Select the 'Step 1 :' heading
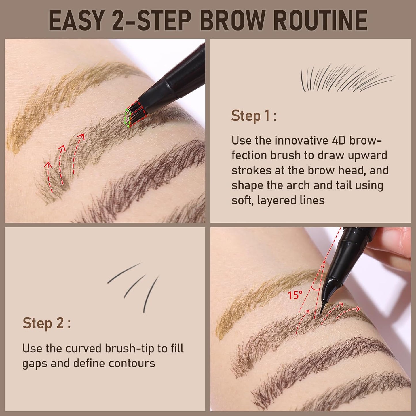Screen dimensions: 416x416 coord(254,116)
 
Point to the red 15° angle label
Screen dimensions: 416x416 coord(295,295)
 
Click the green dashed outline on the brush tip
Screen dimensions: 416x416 coord(127,118)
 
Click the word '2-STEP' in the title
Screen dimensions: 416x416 coord(151,20)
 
